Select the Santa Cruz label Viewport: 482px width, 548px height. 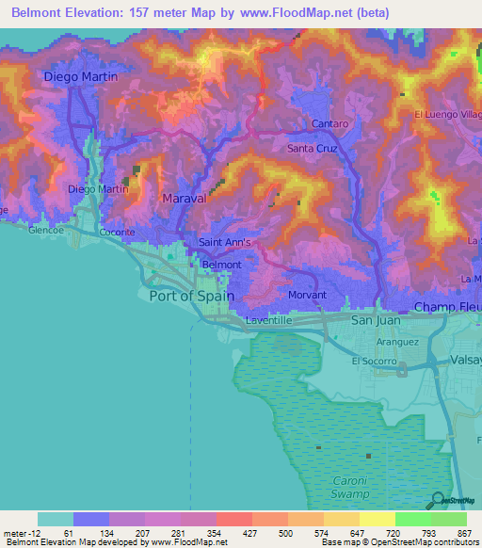(x=312, y=149)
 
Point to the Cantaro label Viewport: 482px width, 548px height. (x=330, y=124)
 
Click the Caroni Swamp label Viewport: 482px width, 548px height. (x=355, y=487)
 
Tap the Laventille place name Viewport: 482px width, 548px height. (x=270, y=320)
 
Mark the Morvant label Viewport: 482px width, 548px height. (x=306, y=295)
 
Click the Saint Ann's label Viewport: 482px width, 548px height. (x=225, y=242)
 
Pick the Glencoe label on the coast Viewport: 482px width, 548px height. (x=45, y=230)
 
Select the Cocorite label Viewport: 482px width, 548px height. (x=118, y=232)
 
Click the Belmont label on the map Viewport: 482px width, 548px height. (x=222, y=265)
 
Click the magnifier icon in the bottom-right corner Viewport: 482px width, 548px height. (x=438, y=500)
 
